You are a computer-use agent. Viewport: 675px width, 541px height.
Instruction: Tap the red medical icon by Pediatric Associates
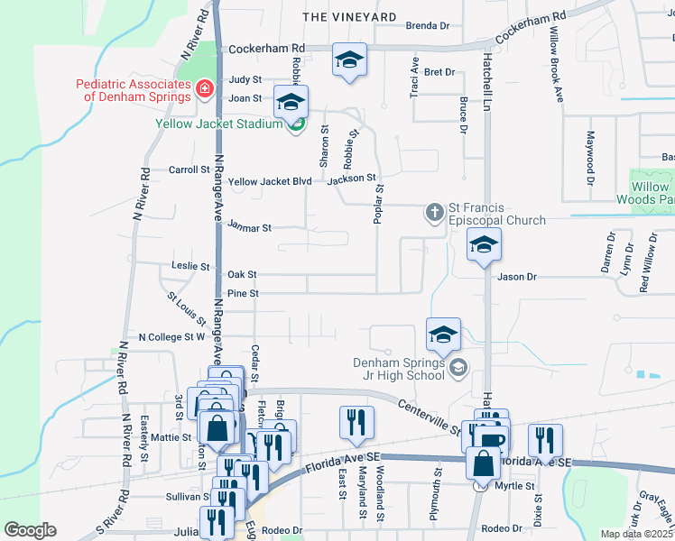tap(205, 88)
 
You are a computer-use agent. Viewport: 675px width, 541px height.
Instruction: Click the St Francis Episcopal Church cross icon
tap(434, 213)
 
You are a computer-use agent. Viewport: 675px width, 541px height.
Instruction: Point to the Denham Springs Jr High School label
tap(401, 370)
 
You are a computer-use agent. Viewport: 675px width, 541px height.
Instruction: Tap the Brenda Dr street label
tap(428, 26)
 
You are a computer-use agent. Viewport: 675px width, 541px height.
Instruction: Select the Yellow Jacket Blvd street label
tap(270, 181)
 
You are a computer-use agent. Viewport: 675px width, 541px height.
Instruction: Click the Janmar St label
tap(250, 228)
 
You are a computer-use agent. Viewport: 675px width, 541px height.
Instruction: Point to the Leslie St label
tap(190, 267)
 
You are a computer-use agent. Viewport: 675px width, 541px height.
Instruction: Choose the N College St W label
tap(171, 337)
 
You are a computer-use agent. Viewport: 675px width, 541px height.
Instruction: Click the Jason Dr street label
tap(517, 278)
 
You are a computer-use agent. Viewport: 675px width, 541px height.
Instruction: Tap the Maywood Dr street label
tap(591, 158)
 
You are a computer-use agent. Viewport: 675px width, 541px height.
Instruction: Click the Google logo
tap(30, 530)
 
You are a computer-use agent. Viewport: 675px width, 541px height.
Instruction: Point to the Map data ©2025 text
tap(637, 534)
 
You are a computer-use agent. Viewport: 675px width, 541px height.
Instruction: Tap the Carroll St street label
tap(190, 169)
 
